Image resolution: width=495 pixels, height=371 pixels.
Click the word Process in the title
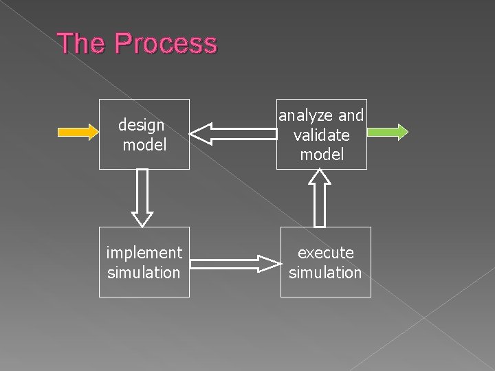[x=166, y=43]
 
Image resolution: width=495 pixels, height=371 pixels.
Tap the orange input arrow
[x=77, y=132]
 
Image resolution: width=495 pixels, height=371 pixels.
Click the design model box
[x=144, y=134]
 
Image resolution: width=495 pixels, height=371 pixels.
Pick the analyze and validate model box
[x=321, y=134]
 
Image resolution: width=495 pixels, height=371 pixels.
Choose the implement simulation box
[x=144, y=262]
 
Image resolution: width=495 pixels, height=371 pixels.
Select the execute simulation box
[x=325, y=262]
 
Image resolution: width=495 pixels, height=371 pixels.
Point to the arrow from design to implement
[x=142, y=198]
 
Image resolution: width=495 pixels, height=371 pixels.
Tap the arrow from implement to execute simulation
[x=235, y=263]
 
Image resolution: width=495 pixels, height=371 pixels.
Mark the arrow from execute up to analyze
[x=320, y=198]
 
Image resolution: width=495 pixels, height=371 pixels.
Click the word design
[x=141, y=125]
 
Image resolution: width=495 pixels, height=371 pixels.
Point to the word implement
[x=144, y=253]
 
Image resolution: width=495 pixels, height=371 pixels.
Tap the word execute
[x=325, y=253]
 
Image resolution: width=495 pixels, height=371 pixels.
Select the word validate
[x=322, y=135]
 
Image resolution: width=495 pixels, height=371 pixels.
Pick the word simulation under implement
[x=144, y=273]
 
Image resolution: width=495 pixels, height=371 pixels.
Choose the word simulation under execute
[x=325, y=273]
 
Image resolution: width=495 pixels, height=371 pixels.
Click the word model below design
[x=144, y=144]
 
